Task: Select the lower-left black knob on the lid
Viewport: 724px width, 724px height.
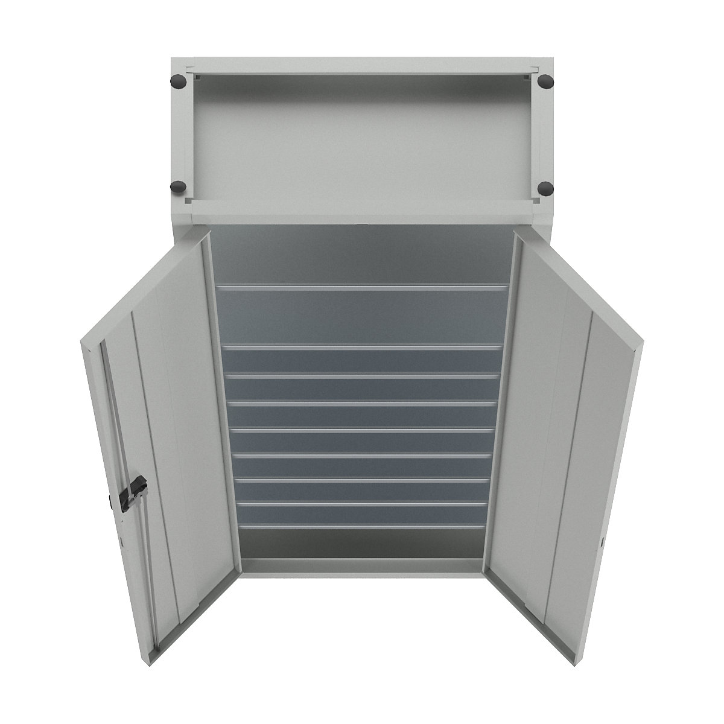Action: click(x=179, y=187)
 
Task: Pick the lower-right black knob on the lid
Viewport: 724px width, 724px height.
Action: click(x=545, y=188)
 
